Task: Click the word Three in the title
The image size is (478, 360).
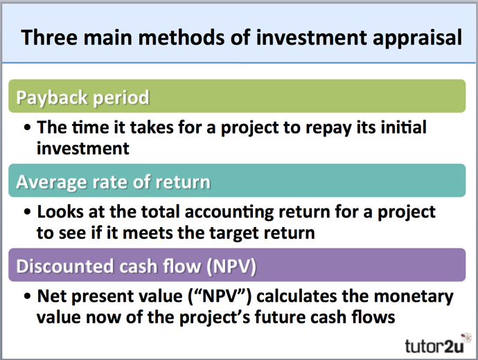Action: pyautogui.click(x=49, y=37)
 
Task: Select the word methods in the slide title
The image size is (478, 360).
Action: pyautogui.click(x=182, y=37)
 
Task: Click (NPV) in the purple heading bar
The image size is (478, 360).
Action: pyautogui.click(x=231, y=267)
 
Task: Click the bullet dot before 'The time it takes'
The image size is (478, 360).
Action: pyautogui.click(x=27, y=127)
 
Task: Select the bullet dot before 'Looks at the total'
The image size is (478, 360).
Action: pyautogui.click(x=27, y=212)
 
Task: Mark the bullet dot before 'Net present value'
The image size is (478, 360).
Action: pyautogui.click(x=27, y=296)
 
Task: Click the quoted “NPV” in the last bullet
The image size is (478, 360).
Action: pyautogui.click(x=220, y=296)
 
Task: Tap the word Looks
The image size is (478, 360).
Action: pyautogui.click(x=60, y=212)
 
